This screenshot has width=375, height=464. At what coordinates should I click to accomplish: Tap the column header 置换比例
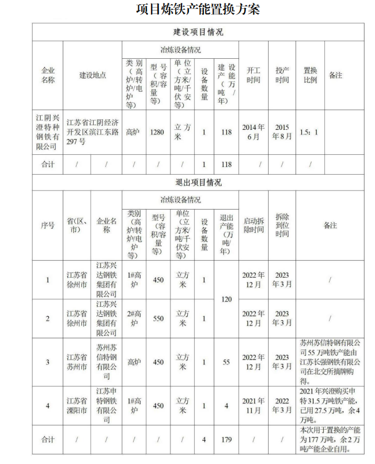pos(310,75)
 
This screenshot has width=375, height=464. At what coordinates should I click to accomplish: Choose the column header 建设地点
pos(93,75)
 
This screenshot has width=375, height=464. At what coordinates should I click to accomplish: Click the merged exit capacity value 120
pos(226,299)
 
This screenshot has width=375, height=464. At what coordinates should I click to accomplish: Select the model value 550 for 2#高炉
pos(158,318)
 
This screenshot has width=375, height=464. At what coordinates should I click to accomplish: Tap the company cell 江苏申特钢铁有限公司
pos(107,406)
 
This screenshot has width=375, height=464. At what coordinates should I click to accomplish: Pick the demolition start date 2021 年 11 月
pos(253,406)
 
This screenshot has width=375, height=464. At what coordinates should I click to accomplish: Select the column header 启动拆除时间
pos(253,225)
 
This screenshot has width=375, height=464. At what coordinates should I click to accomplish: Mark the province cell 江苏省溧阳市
pos(76,406)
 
